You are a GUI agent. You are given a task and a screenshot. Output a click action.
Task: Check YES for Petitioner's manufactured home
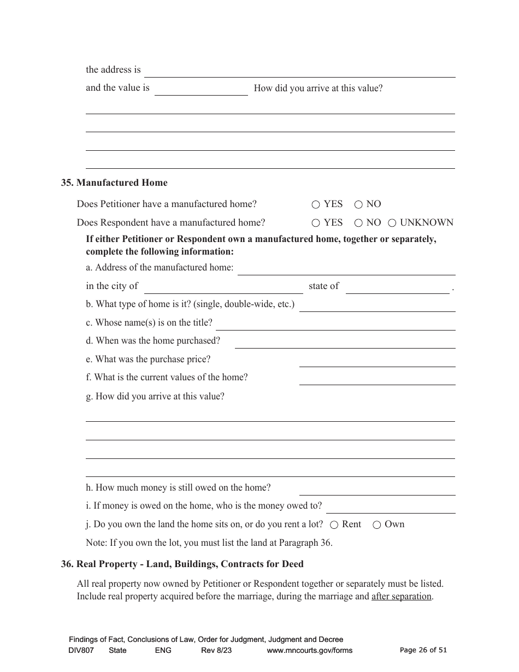tap(316, 205)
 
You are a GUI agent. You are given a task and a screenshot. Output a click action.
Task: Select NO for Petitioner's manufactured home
tap(358, 205)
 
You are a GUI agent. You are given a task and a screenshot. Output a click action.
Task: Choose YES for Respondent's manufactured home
tap(316, 223)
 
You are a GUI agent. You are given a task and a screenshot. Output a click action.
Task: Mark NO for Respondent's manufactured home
tap(358, 223)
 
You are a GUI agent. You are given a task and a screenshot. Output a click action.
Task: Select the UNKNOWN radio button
tap(392, 223)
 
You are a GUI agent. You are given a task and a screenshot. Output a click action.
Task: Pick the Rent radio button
tap(334, 524)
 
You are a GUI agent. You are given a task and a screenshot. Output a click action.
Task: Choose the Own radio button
tap(377, 524)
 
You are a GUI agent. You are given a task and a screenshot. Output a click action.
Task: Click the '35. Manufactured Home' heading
tap(114, 183)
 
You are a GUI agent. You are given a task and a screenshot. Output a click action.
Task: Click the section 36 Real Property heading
tap(182, 564)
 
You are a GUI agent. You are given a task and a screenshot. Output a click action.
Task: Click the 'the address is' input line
tap(299, 72)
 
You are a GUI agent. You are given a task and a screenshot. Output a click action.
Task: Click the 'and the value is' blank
tap(201, 90)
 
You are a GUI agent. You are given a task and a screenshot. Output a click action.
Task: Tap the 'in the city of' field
tap(223, 287)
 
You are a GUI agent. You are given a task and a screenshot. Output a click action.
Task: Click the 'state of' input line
tap(397, 287)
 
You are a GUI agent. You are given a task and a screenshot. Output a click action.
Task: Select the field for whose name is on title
tap(335, 324)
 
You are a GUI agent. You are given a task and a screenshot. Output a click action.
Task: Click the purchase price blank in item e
tap(377, 361)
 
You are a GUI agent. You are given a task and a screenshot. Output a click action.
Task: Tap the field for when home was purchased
tap(345, 342)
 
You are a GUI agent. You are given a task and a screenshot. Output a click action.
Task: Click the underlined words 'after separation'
tap(401, 597)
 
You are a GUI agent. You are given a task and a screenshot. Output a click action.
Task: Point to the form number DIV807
tap(81, 650)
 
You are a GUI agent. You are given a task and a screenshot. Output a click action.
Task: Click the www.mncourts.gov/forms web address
tap(309, 650)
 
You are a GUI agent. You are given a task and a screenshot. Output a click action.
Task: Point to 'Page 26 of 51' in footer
tap(423, 650)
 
